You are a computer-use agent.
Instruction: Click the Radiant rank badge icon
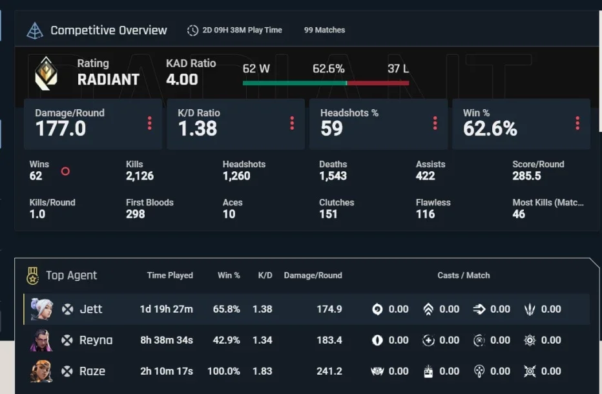pos(46,74)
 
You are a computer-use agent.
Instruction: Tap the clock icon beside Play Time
pos(192,30)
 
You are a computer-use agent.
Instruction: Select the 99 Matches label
pos(324,30)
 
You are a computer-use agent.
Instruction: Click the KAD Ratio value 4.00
pos(182,79)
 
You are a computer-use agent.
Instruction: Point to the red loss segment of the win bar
pos(378,83)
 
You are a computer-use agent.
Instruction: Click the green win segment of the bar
pos(295,83)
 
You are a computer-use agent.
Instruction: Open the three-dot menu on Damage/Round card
pos(149,123)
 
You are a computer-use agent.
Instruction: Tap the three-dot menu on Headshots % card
pos(435,123)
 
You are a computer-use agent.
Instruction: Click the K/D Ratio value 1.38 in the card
pos(198,129)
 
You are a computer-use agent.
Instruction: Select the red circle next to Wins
pos(65,171)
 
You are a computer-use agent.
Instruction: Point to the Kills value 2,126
pos(140,176)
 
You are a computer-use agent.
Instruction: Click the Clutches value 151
pos(328,214)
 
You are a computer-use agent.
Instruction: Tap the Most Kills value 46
pos(519,214)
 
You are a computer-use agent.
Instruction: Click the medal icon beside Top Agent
pos(33,276)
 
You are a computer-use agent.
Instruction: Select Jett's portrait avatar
pos(41,309)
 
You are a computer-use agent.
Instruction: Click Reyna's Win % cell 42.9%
pos(227,340)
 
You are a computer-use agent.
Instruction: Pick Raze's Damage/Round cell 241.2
pos(329,371)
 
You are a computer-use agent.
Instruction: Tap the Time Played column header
pos(170,275)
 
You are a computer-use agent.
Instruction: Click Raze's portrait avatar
pos(41,371)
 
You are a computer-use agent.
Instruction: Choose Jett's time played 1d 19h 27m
pos(167,309)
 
